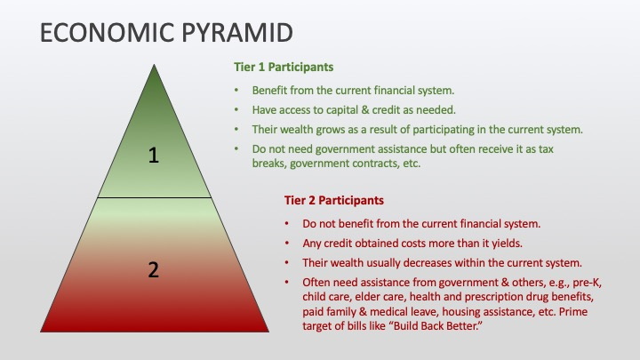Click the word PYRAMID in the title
237,33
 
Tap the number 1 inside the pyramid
154,156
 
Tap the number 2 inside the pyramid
154,270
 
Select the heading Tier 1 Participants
284,67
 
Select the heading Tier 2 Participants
334,200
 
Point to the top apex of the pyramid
155,65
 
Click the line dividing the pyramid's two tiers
155,198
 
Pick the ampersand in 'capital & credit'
350,110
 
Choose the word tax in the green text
546,149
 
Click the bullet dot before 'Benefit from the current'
236,90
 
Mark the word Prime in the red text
573,312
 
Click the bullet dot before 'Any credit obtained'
287,244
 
